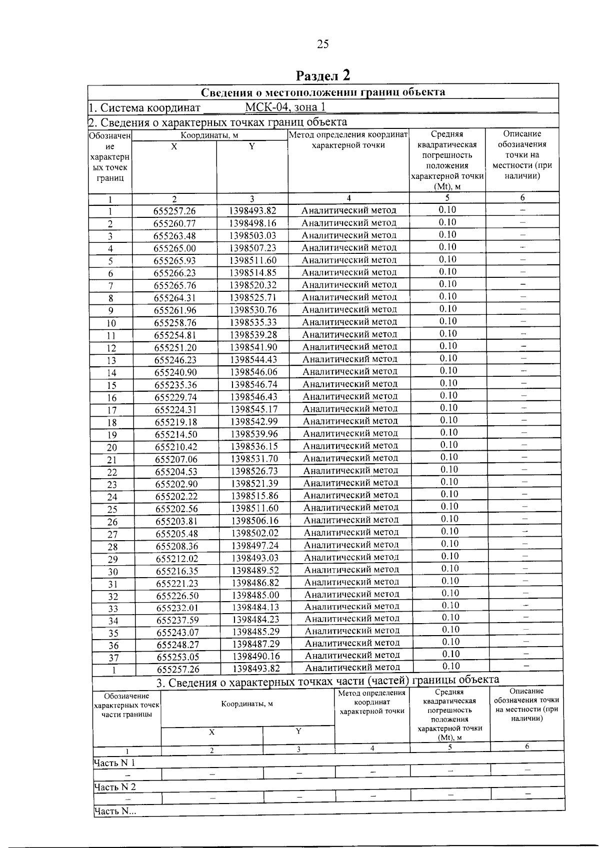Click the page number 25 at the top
point(323,44)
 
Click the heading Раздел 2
point(323,75)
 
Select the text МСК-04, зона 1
point(285,107)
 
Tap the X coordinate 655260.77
point(174,223)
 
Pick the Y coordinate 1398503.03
point(252,235)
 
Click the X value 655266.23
point(175,273)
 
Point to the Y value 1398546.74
point(254,384)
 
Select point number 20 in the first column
point(112,447)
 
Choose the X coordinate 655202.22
point(176,496)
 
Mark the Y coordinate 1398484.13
point(255,607)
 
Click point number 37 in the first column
point(113,658)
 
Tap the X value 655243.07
point(177,632)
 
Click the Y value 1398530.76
point(253,310)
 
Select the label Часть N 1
point(114,763)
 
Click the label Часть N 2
point(115,787)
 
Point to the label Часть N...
point(115,812)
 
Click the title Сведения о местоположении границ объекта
point(323,92)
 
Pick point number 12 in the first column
point(111,348)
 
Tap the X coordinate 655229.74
point(176,397)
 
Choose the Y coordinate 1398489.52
point(255,570)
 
